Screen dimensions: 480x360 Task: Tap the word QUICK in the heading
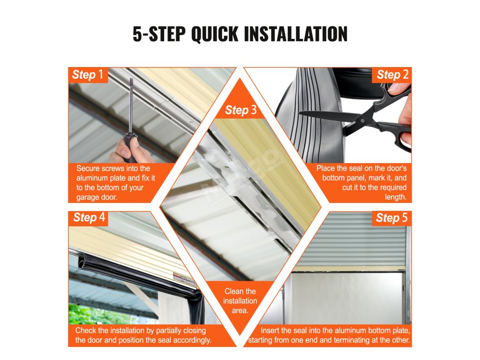tap(214, 34)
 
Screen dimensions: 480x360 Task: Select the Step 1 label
tap(88, 75)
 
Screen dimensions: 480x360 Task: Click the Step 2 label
tap(392, 75)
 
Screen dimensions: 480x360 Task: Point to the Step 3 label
tap(240, 110)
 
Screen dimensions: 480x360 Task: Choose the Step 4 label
tap(89, 217)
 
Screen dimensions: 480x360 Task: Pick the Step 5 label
tap(392, 217)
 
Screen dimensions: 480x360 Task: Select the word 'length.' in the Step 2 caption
tap(396, 197)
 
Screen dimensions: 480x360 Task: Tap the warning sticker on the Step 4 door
tap(184, 278)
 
